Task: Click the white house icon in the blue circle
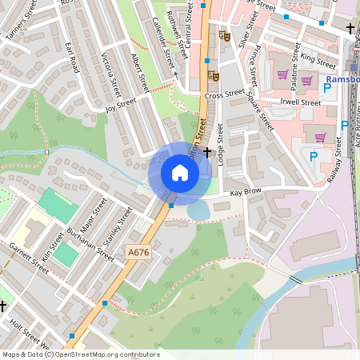(x=180, y=173)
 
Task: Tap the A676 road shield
(x=138, y=253)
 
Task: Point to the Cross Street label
(x=223, y=95)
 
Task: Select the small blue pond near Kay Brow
(x=198, y=210)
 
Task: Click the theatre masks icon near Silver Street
(x=225, y=36)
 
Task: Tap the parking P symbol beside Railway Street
(x=314, y=157)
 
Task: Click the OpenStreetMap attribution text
(x=81, y=354)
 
